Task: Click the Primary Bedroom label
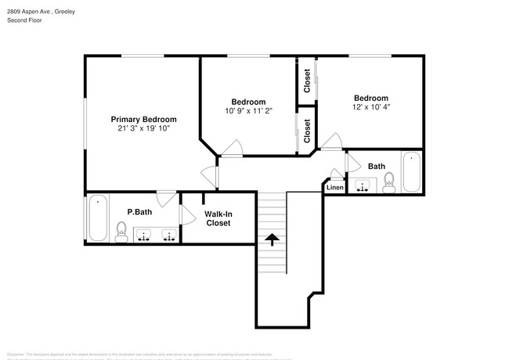coord(143,119)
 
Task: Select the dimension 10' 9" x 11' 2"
coord(248,111)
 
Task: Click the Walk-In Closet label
coord(218,218)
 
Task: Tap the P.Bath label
coord(139,211)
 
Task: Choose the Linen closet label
coord(335,188)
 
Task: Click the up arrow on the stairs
coord(272,239)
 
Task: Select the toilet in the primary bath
coord(121,229)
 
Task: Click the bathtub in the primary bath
coord(96,218)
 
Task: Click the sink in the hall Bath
coord(363,186)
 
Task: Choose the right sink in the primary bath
coord(168,235)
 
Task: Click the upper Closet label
coord(307,81)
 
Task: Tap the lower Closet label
coord(307,131)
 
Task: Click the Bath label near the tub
coord(377,166)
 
